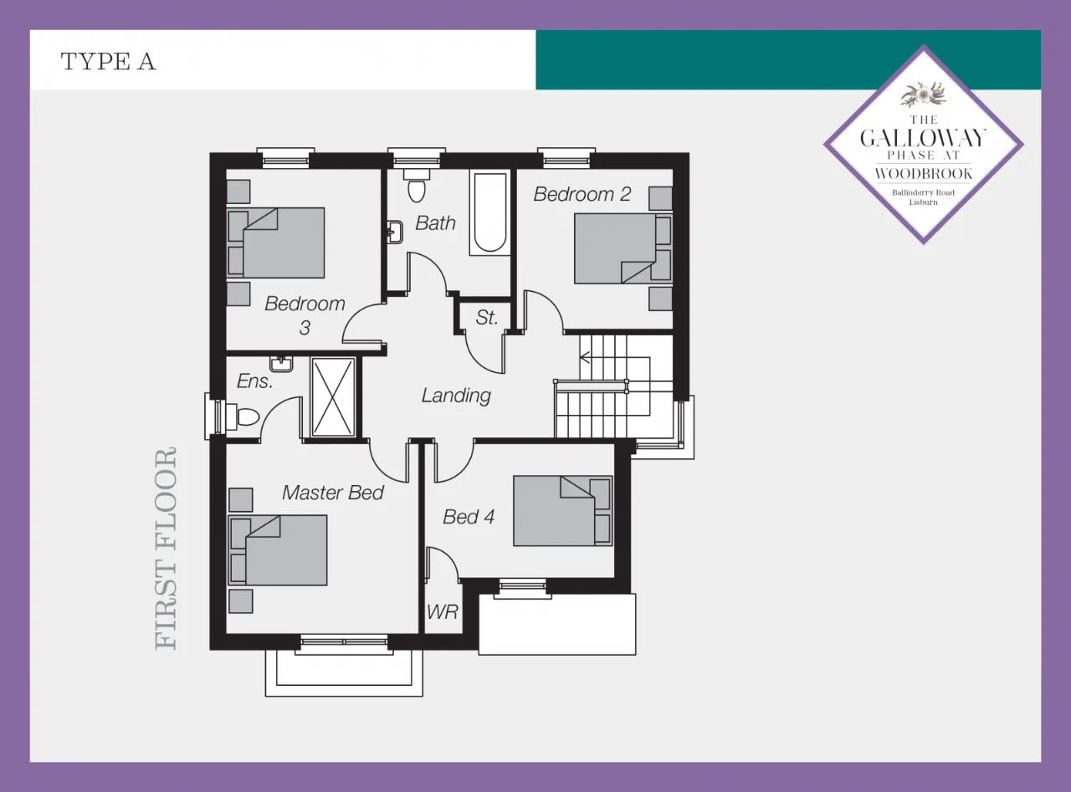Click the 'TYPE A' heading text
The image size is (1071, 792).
tap(108, 61)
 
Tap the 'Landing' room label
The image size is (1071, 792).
tap(456, 396)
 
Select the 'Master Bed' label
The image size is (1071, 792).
tap(333, 493)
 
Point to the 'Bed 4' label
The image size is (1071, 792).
tap(469, 516)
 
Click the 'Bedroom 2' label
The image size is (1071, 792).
tap(582, 194)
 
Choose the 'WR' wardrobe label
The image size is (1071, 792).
tap(443, 612)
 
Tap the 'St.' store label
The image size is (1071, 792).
tap(486, 317)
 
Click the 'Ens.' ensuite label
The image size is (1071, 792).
tap(255, 381)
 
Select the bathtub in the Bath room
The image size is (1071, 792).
tap(490, 212)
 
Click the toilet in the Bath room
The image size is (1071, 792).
tap(417, 186)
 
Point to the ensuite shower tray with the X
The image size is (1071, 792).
tap(333, 396)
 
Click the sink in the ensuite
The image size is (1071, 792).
tap(281, 365)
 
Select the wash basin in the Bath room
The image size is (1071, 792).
tap(394, 232)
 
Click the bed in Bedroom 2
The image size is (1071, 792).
tap(623, 248)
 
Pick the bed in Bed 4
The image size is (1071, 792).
tap(562, 511)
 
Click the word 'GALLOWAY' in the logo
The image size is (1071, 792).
tap(923, 139)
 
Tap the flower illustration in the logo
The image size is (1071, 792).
tap(923, 95)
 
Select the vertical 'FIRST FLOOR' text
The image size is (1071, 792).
tap(166, 549)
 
